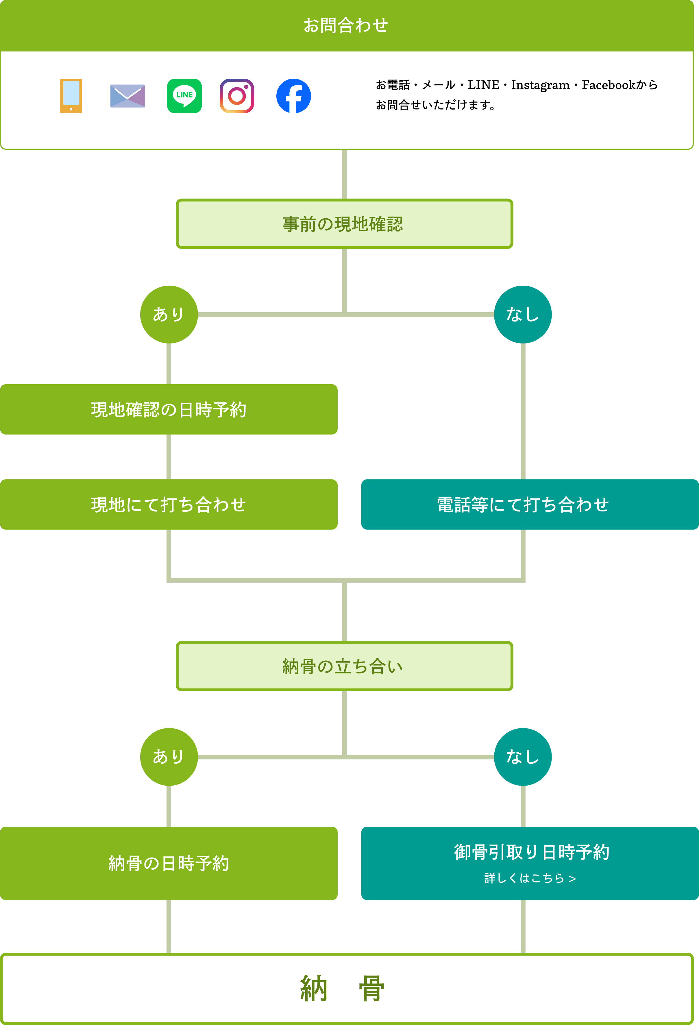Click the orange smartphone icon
click(x=71, y=96)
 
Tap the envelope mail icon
click(x=127, y=96)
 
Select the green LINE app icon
click(x=184, y=96)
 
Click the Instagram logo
click(x=237, y=96)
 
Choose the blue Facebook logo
click(x=293, y=96)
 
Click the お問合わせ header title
click(x=345, y=25)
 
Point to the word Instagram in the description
click(x=540, y=85)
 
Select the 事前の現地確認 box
click(x=344, y=224)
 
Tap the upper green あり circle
click(x=169, y=315)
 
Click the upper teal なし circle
click(x=523, y=315)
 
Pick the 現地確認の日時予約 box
click(x=169, y=409)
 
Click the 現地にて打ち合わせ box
click(x=169, y=504)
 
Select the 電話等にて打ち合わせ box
click(x=523, y=504)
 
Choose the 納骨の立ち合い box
click(x=344, y=666)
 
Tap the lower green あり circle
click(x=169, y=757)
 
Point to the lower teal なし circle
click(x=523, y=757)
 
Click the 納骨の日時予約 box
click(x=169, y=863)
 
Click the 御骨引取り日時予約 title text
click(x=531, y=852)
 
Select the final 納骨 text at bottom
click(x=342, y=988)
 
